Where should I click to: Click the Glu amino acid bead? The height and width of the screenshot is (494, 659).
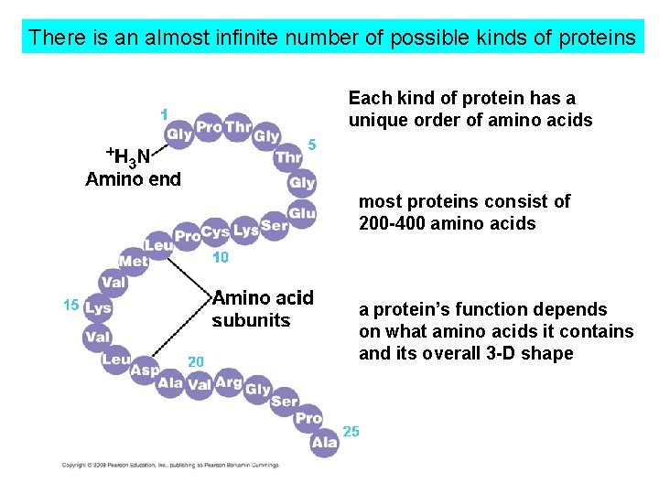301,213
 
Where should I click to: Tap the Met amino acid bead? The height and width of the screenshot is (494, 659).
134,262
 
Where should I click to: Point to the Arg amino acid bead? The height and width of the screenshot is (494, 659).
228,383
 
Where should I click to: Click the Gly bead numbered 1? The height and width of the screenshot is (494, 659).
179,134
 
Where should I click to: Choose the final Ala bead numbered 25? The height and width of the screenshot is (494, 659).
324,443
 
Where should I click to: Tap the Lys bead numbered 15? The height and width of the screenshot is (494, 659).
97,308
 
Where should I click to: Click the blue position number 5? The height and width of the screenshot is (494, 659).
312,144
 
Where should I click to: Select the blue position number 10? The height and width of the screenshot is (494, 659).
220,259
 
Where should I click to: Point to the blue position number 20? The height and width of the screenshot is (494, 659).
196,362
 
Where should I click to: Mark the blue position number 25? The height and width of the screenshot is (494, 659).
351,431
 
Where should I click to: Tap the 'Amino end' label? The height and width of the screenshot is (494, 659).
133,179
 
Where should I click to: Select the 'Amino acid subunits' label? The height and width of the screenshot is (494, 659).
263,309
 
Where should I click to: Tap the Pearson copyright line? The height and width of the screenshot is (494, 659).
170,465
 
